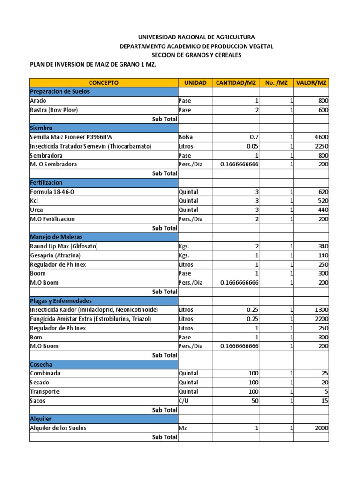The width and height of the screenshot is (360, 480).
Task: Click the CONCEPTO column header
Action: pyautogui.click(x=104, y=82)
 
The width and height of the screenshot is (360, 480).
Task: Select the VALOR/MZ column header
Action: pyautogui.click(x=311, y=82)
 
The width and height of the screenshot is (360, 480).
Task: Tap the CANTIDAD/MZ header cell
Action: pyautogui.click(x=236, y=82)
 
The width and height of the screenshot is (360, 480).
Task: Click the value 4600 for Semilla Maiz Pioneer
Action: pyautogui.click(x=321, y=137)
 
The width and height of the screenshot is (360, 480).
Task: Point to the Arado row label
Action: pyautogui.click(x=38, y=101)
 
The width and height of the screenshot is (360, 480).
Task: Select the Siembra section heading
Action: pyautogui.click(x=41, y=127)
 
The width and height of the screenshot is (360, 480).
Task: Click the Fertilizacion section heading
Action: pyautogui.click(x=46, y=182)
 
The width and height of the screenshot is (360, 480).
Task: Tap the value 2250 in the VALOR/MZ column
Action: pyautogui.click(x=321, y=146)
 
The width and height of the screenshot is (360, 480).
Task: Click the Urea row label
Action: pyautogui.click(x=37, y=210)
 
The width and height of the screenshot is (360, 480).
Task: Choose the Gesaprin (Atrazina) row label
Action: pyautogui.click(x=55, y=255)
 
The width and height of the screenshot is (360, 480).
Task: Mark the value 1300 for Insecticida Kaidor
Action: pyautogui.click(x=321, y=310)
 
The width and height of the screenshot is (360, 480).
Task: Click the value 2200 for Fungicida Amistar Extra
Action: pyautogui.click(x=321, y=319)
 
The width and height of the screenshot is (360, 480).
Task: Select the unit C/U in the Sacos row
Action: pyautogui.click(x=184, y=401)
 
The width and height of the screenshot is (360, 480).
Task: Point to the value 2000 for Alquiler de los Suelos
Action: pyautogui.click(x=321, y=428)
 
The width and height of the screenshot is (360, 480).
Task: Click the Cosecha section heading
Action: pyautogui.click(x=41, y=364)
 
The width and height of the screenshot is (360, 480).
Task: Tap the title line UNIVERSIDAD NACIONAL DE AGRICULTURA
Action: pyautogui.click(x=196, y=37)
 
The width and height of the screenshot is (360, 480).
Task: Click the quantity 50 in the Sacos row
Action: pyautogui.click(x=255, y=401)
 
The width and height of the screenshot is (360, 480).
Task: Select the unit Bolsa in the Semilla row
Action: pyautogui.click(x=186, y=137)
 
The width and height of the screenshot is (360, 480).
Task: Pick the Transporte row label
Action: pyautogui.click(x=45, y=392)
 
